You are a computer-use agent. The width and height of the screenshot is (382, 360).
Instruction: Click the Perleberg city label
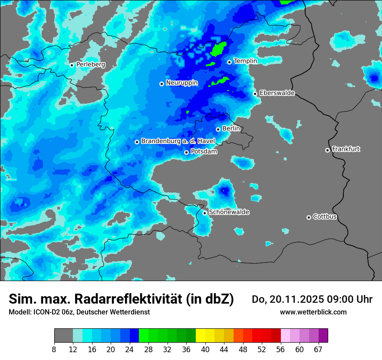coord(90,65)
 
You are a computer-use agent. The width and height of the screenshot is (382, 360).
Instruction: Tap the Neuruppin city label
coord(181,83)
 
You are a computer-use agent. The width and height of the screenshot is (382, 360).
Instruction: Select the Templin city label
coord(245,61)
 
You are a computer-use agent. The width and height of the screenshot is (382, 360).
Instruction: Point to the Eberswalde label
coord(277,93)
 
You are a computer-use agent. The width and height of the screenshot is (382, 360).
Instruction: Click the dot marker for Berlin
coord(218,129)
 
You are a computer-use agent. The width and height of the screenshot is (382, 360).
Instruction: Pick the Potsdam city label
coord(204,152)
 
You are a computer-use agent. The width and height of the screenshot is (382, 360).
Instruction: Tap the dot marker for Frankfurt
coord(327,150)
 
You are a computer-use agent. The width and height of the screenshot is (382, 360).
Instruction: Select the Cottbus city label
coord(325,217)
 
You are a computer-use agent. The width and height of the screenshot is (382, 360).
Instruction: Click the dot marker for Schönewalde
coord(204,213)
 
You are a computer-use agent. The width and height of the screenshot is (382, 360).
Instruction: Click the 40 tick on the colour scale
coord(205,349)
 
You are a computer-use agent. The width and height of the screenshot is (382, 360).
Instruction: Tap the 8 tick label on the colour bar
coord(54,349)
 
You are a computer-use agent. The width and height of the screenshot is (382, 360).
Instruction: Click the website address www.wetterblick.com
coord(313,312)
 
